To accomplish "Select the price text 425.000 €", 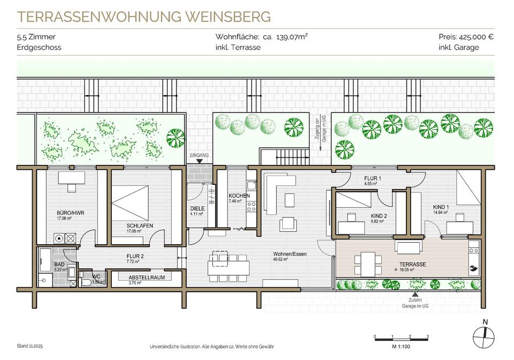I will [475, 37].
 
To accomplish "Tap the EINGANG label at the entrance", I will [199, 155].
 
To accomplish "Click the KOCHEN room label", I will [239, 196].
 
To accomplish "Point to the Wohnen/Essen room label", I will [289, 254].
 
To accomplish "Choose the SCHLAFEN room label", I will [140, 226].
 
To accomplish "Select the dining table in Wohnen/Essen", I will [229, 264].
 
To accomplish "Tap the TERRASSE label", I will [412, 265].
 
